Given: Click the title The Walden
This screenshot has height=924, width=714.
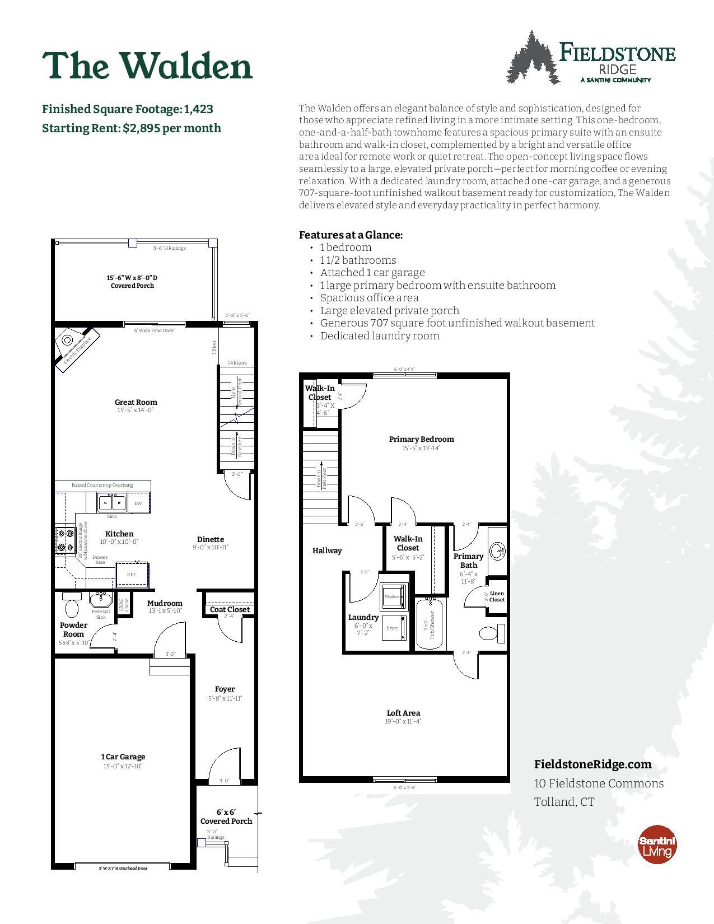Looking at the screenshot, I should [147, 66].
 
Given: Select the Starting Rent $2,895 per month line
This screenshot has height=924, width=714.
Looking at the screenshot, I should [132, 128].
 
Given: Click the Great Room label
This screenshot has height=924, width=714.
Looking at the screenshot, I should [136, 402].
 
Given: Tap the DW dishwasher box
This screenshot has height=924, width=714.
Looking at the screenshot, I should [138, 503].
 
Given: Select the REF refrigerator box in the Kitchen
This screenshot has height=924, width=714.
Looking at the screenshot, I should [132, 574].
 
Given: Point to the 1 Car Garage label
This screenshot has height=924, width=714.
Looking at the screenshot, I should [123, 757].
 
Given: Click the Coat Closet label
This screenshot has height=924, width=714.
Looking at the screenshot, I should [230, 609].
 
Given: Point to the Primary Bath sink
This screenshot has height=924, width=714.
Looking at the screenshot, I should [497, 551].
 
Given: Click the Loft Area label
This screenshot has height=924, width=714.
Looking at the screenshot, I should [403, 713].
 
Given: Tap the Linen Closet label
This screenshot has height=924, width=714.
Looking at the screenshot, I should [497, 596].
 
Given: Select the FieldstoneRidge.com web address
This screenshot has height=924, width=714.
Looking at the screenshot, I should [593, 764].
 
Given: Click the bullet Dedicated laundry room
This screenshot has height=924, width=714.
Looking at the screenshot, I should [379, 336].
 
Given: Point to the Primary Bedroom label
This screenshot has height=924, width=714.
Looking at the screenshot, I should [421, 439].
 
